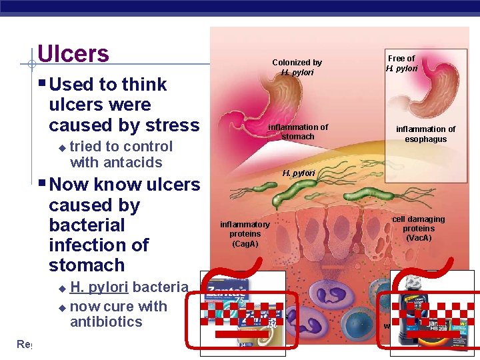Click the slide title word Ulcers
tap(73, 53)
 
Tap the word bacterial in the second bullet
tap(87, 225)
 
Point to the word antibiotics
tap(106, 322)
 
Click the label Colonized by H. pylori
tap(297, 67)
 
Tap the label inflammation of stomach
tap(297, 131)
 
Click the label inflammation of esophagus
tap(426, 134)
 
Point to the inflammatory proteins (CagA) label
tap(245, 234)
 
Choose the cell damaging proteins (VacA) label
tap(418, 229)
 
